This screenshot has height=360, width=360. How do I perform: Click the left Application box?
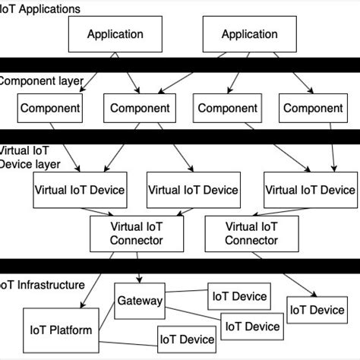tap(115, 34)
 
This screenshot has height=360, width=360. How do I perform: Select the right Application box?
tap(249, 34)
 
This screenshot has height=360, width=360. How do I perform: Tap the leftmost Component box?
tap(50, 109)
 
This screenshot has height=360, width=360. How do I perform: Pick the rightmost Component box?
tap(313, 109)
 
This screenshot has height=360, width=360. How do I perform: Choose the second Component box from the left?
tap(140, 109)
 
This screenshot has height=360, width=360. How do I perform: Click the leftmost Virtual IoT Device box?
tap(80, 190)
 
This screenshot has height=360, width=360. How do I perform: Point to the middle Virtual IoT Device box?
tap(192, 190)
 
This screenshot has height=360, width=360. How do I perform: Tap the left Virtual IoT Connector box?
tap(137, 232)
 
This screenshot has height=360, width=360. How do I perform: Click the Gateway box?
tap(140, 301)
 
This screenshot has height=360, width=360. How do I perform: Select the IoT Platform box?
tap(61, 330)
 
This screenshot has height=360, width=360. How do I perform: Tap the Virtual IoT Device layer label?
tap(30, 157)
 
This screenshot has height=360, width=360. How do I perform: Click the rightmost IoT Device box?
tap(316, 310)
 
